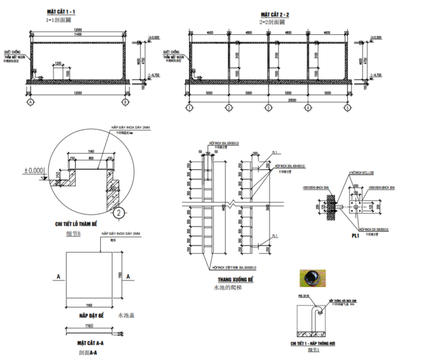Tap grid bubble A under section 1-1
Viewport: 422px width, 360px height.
click(30, 102)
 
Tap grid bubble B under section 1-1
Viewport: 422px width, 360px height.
click(125, 102)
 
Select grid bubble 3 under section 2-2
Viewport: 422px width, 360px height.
click(268, 108)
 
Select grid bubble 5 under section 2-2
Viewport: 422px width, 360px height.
click(348, 108)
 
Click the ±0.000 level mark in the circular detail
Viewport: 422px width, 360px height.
click(34, 171)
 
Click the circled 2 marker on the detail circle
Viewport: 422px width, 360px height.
click(119, 212)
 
